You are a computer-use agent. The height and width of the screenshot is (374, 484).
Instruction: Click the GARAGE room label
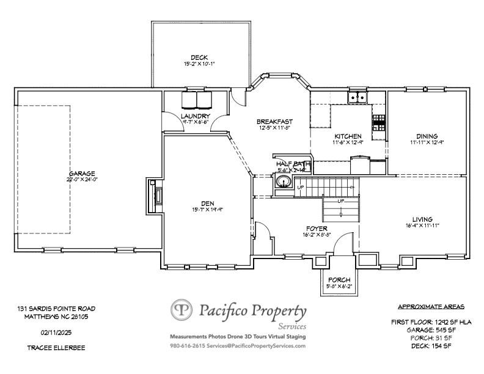(82, 174)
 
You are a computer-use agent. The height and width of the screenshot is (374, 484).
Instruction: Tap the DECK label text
(199, 57)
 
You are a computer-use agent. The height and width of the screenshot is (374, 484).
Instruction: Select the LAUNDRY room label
(196, 116)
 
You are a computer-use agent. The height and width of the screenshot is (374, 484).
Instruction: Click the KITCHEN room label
(348, 136)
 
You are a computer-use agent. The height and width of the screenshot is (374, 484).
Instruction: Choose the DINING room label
(427, 136)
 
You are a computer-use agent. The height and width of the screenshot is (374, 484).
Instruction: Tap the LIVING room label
(422, 219)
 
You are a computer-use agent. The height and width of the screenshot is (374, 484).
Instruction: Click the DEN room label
(208, 204)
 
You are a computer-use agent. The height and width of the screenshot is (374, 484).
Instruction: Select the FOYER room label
(317, 228)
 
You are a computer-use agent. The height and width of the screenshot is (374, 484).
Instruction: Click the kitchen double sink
(357, 97)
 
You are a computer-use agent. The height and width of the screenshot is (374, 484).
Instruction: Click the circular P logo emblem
(182, 310)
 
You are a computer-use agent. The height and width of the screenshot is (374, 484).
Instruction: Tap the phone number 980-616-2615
(188, 346)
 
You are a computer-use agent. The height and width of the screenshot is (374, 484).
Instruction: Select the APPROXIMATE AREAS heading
(431, 306)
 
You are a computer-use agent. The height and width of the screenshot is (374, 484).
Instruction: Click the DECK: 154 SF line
(431, 346)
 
